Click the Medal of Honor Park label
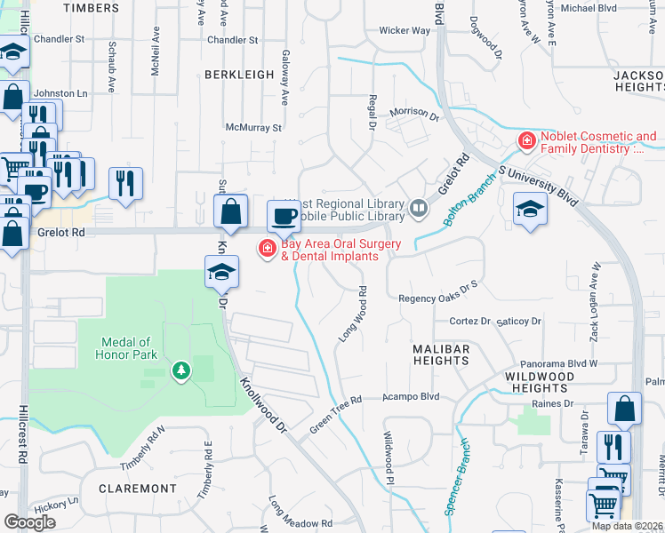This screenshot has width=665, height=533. (126, 348)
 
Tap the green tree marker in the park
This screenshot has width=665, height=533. (181, 370)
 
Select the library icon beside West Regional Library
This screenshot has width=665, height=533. (419, 209)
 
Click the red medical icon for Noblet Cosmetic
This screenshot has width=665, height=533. (527, 141)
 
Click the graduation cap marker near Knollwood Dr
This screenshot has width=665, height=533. (221, 271)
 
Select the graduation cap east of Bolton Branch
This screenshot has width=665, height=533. (530, 209)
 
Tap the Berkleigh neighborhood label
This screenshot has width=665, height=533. (239, 75)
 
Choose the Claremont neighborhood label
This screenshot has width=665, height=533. (138, 489)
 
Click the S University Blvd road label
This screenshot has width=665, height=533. (539, 182)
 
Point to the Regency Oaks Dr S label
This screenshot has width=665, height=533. (438, 298)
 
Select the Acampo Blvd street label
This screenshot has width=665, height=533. (412, 396)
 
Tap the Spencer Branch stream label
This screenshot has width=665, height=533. (456, 488)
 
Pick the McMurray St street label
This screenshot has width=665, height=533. (253, 128)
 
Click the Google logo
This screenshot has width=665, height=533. (30, 522)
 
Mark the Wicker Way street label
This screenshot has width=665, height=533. (405, 30)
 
